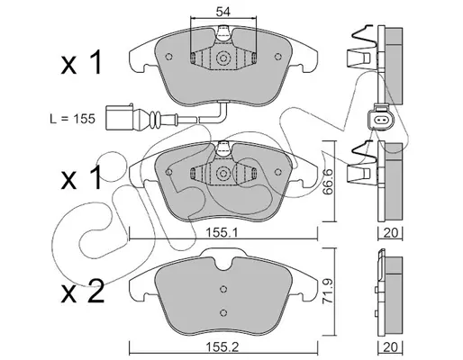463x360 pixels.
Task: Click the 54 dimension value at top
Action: pyautogui.click(x=222, y=12)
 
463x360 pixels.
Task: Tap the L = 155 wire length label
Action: pyautogui.click(x=72, y=119)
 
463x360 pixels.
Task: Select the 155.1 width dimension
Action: pyautogui.click(x=222, y=232)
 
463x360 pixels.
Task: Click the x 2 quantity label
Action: pyautogui.click(x=82, y=291)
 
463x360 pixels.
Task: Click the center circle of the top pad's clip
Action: pyautogui.click(x=222, y=58)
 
